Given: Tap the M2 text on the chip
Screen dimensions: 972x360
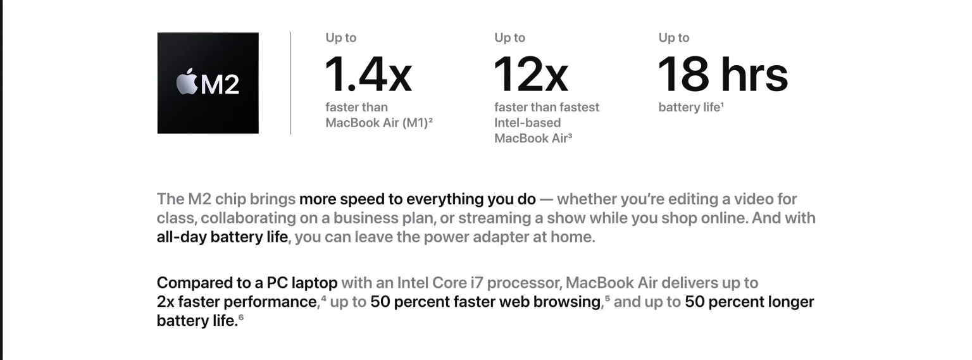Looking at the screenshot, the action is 220,84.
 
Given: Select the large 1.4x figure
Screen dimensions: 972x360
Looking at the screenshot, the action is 368,74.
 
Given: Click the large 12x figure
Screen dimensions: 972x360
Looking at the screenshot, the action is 531,74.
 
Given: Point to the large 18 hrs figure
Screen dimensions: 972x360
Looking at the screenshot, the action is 723,74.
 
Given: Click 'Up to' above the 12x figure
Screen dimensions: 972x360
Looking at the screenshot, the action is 510,38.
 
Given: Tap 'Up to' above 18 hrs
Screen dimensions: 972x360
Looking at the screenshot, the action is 674,38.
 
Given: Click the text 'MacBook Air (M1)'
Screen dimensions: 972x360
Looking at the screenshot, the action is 377,123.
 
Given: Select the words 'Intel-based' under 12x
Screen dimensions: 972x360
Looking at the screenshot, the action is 528,123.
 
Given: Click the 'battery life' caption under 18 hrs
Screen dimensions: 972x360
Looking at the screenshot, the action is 689,107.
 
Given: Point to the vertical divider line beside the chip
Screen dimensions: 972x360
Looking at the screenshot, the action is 290,83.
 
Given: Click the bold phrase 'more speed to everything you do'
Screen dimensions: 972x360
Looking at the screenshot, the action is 418,199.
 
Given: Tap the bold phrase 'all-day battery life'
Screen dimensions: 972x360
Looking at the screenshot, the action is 222,237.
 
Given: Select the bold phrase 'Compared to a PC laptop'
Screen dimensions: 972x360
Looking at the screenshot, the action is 247,283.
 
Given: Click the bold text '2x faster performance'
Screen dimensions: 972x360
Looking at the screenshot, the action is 238,301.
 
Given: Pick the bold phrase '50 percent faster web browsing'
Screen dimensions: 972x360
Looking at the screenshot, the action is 485,301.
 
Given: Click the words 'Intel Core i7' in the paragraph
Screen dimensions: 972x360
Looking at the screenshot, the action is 440,283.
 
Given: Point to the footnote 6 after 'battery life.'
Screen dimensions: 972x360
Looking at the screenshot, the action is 241,317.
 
